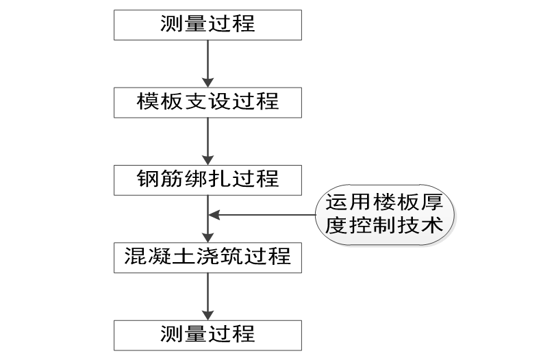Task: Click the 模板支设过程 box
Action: [x=207, y=101]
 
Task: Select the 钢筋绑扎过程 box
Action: [x=207, y=179]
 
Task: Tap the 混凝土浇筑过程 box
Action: [x=207, y=257]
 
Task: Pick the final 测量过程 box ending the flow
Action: [x=207, y=334]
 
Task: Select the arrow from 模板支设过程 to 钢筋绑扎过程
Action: [x=207, y=140]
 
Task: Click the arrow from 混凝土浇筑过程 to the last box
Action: [x=207, y=295]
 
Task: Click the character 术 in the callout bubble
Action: [x=435, y=226]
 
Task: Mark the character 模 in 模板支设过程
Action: [x=148, y=101]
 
